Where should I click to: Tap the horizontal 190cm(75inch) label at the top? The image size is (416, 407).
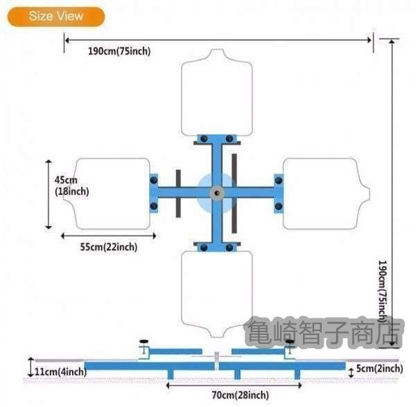(x=119, y=51)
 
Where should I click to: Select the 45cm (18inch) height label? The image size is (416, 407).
(x=71, y=185)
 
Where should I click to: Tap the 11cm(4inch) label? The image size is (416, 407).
(x=60, y=372)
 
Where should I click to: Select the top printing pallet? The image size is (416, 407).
(x=216, y=93)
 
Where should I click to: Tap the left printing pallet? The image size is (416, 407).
(x=110, y=193)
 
